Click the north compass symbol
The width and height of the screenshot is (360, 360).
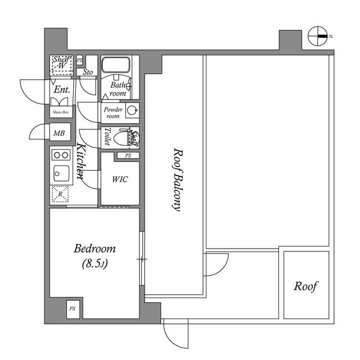[x=318, y=37]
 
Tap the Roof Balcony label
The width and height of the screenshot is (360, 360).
[x=177, y=179]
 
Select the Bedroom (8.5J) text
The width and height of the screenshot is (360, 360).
[x=95, y=255]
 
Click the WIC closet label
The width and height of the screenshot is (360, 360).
[x=120, y=179]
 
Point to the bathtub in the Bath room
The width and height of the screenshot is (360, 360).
[x=116, y=66]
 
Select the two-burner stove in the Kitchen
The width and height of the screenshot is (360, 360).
[x=60, y=154]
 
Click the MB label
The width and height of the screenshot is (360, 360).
[x=58, y=133]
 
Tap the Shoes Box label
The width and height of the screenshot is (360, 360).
[x=60, y=112]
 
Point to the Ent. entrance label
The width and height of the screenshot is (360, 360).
[x=61, y=89]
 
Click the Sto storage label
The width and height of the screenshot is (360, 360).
[x=88, y=72]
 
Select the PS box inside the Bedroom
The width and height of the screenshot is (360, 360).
[x=73, y=309]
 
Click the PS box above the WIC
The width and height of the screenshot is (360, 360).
[x=128, y=155]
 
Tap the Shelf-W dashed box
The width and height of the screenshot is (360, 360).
[x=60, y=64]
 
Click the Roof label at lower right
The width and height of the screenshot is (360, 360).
[x=306, y=286]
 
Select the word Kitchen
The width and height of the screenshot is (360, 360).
[x=80, y=163]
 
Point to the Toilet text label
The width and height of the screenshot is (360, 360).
[x=107, y=137]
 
